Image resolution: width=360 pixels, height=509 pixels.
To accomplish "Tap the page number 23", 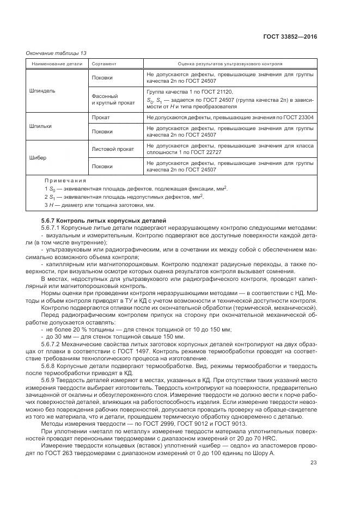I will pyautogui.click(x=313, y=463).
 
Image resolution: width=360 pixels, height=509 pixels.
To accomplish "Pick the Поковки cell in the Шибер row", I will pyautogui.click(x=102, y=167).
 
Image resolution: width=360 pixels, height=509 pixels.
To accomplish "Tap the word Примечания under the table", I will pyautogui.click(x=65, y=180).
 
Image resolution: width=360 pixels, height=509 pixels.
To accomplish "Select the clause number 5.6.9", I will pyautogui.click(x=48, y=381).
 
